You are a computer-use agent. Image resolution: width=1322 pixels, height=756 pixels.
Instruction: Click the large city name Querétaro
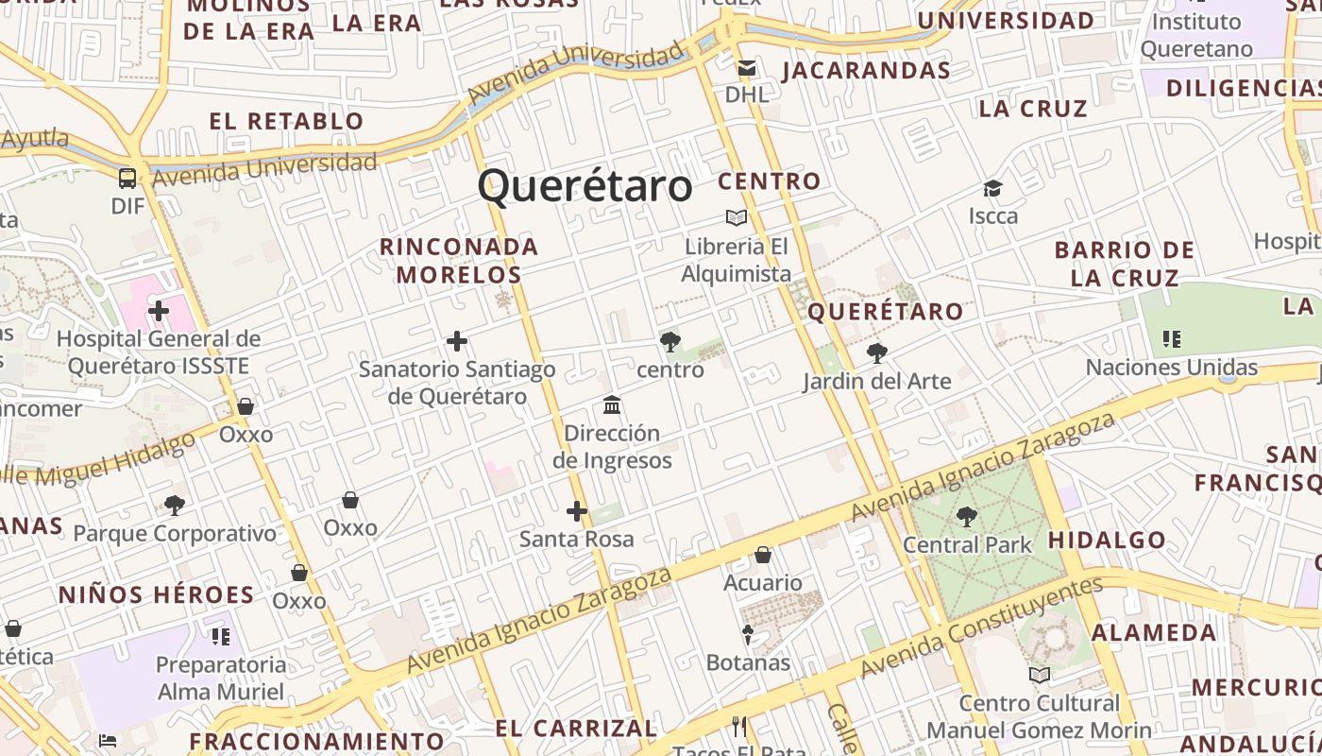[585, 185]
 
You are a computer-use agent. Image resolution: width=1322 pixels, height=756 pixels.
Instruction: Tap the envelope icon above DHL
[747, 68]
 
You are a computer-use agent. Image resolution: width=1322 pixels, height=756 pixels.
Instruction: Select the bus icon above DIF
[127, 178]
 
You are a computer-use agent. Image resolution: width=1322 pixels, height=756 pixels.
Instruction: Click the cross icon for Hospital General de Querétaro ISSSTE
[159, 310]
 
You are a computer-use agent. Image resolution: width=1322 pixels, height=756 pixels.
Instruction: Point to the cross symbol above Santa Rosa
[577, 512]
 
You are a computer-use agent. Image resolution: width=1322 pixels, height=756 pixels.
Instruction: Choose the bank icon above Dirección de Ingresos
[612, 405]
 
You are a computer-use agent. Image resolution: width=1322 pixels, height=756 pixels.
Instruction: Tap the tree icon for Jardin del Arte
[876, 353]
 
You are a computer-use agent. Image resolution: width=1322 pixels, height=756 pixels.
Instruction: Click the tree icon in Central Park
[966, 517]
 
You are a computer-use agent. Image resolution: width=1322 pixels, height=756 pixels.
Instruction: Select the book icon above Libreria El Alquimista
[737, 218]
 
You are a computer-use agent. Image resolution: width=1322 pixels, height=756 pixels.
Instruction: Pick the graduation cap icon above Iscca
[992, 188]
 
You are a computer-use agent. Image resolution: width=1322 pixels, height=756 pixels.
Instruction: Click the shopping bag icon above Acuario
[763, 555]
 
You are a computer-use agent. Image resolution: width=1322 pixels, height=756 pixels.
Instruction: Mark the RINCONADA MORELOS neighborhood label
[459, 261]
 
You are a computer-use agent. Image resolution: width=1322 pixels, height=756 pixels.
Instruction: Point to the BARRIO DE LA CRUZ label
[1125, 264]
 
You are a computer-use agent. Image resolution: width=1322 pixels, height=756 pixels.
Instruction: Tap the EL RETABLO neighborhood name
[286, 121]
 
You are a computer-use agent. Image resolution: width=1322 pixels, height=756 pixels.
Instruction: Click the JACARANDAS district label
[866, 71]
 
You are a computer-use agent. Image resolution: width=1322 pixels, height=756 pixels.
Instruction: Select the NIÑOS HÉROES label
[157, 594]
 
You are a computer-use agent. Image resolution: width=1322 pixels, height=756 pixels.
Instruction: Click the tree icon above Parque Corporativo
[175, 505]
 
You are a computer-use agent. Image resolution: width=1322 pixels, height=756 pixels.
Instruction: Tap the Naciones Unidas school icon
[1172, 338]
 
